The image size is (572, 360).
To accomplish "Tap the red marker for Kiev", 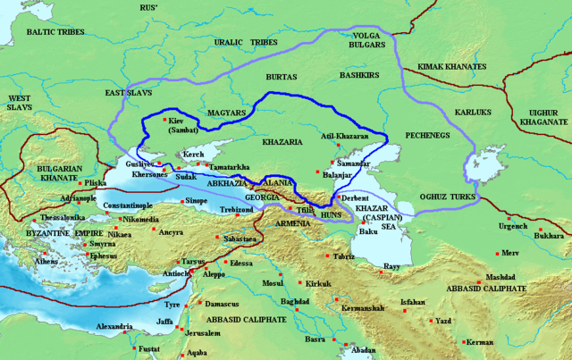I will click(164, 115).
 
